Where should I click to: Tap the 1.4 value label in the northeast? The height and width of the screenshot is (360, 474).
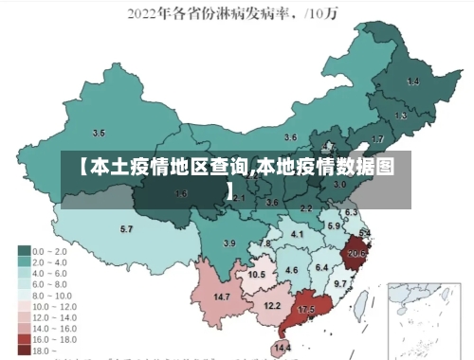click(413, 82)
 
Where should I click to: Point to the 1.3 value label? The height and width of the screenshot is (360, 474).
click(401, 116)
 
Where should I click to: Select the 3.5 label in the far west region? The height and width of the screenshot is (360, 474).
click(99, 133)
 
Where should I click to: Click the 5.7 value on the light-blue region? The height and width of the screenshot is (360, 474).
click(126, 229)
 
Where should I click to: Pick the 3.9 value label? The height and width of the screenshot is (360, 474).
click(228, 243)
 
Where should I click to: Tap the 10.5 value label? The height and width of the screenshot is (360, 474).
click(256, 275)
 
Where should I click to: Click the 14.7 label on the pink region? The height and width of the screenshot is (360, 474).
click(223, 297)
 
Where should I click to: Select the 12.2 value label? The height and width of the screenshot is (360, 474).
click(272, 306)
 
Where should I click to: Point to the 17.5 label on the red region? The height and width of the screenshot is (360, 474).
click(306, 310)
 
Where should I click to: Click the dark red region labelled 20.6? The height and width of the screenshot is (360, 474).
click(356, 253)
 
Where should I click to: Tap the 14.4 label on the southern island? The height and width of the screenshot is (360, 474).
click(283, 349)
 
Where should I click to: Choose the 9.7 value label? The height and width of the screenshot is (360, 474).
click(340, 284)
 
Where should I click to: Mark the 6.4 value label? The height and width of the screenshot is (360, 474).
click(321, 267)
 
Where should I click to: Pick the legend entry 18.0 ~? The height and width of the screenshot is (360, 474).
click(44, 350)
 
